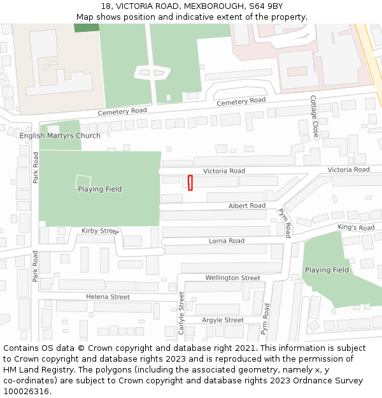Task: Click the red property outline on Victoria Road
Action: coord(190,182)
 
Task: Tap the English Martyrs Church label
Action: coord(60,136)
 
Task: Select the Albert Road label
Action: coord(247,206)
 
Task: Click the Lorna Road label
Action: coord(227,241)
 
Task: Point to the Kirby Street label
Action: coord(101,231)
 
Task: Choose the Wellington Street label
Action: coord(232,278)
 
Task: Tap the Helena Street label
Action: coord(108,297)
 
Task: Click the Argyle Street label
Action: coord(223,320)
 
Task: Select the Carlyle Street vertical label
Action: coord(181,313)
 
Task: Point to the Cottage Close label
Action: coord(314,117)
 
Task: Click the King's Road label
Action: coord(356,227)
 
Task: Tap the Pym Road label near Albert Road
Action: coord(284,223)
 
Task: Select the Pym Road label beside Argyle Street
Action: coord(266,318)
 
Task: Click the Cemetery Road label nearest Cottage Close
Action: coord(241,101)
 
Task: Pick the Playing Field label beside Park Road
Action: coord(99,189)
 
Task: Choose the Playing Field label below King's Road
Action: coord(327,270)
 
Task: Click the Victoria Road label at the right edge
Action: coord(348,169)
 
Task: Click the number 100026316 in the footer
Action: coord(26,391)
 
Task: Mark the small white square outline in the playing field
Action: coord(83,181)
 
